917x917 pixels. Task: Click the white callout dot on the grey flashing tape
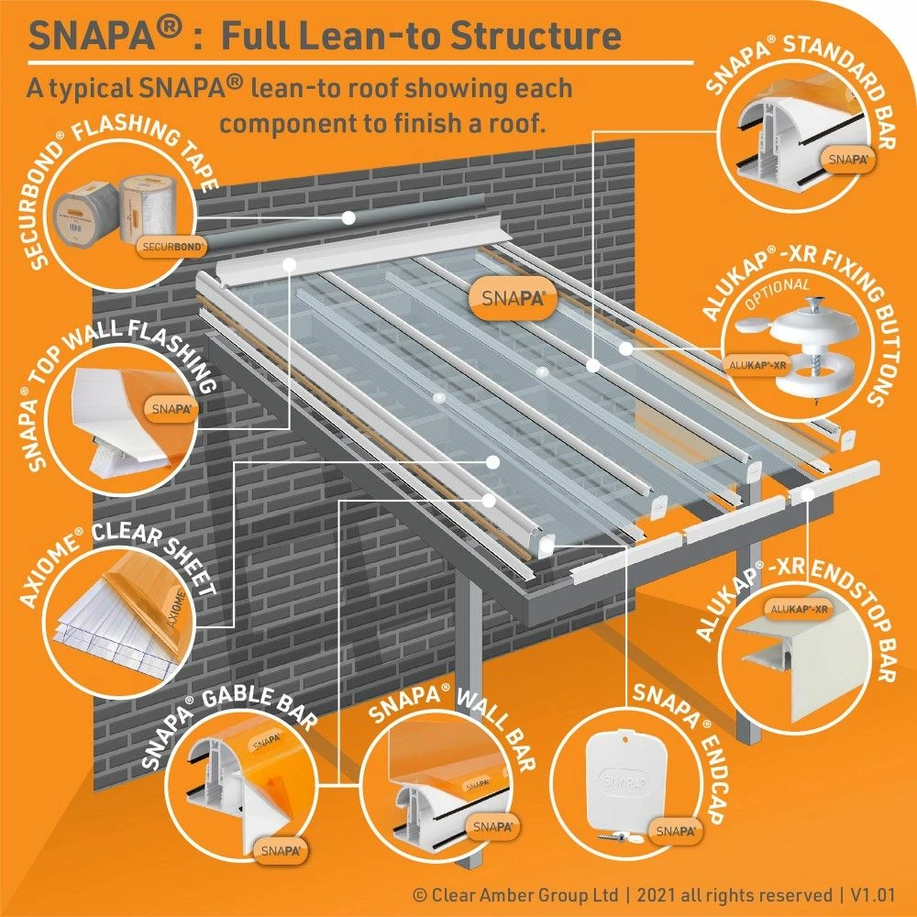click(348, 217)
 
